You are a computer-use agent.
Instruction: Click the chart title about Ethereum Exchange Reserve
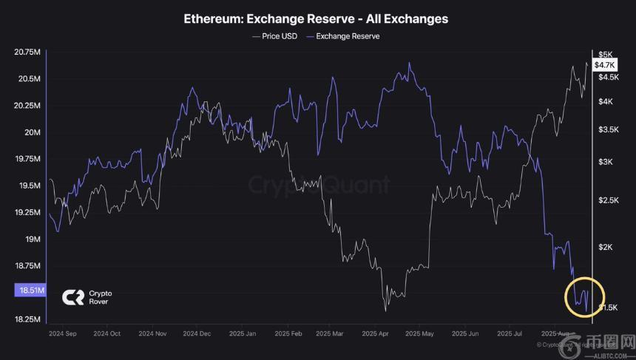(x=316, y=18)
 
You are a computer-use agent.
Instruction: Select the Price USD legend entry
(x=274, y=36)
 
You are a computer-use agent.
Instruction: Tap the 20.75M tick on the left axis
(x=27, y=52)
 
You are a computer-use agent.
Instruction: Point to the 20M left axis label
(x=31, y=132)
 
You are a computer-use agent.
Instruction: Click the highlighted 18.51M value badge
(x=30, y=291)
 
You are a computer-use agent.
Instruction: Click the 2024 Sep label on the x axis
(x=63, y=333)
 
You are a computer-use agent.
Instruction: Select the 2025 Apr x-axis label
(x=376, y=333)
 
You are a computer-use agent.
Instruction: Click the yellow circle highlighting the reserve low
(x=585, y=297)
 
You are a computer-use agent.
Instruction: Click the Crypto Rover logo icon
(x=73, y=297)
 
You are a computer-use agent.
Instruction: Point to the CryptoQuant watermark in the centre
(x=318, y=184)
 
